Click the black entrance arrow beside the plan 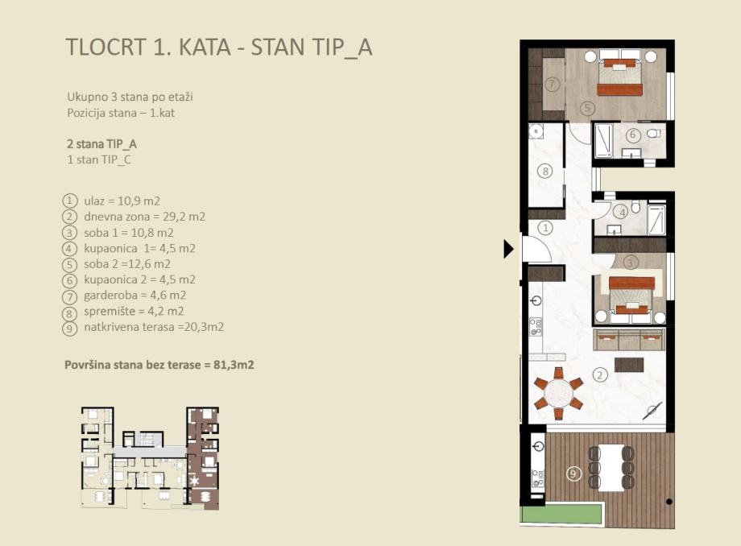tap(507, 249)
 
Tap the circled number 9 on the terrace tap(573, 474)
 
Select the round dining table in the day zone tap(558, 393)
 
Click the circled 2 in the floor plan tap(600, 375)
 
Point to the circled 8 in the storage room tap(545, 171)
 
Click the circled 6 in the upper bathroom tap(633, 135)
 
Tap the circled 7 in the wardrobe tap(552, 85)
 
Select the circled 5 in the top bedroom tap(587, 108)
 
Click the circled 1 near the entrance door tap(545, 228)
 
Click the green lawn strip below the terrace tap(561, 514)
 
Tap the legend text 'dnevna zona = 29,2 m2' tap(145, 217)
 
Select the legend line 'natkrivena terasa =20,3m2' tap(154, 327)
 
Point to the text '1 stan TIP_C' tap(99, 159)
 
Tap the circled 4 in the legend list tap(69, 249)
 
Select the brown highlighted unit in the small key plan tap(203, 458)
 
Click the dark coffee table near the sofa tap(629, 364)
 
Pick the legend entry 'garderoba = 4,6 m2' tap(135, 296)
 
